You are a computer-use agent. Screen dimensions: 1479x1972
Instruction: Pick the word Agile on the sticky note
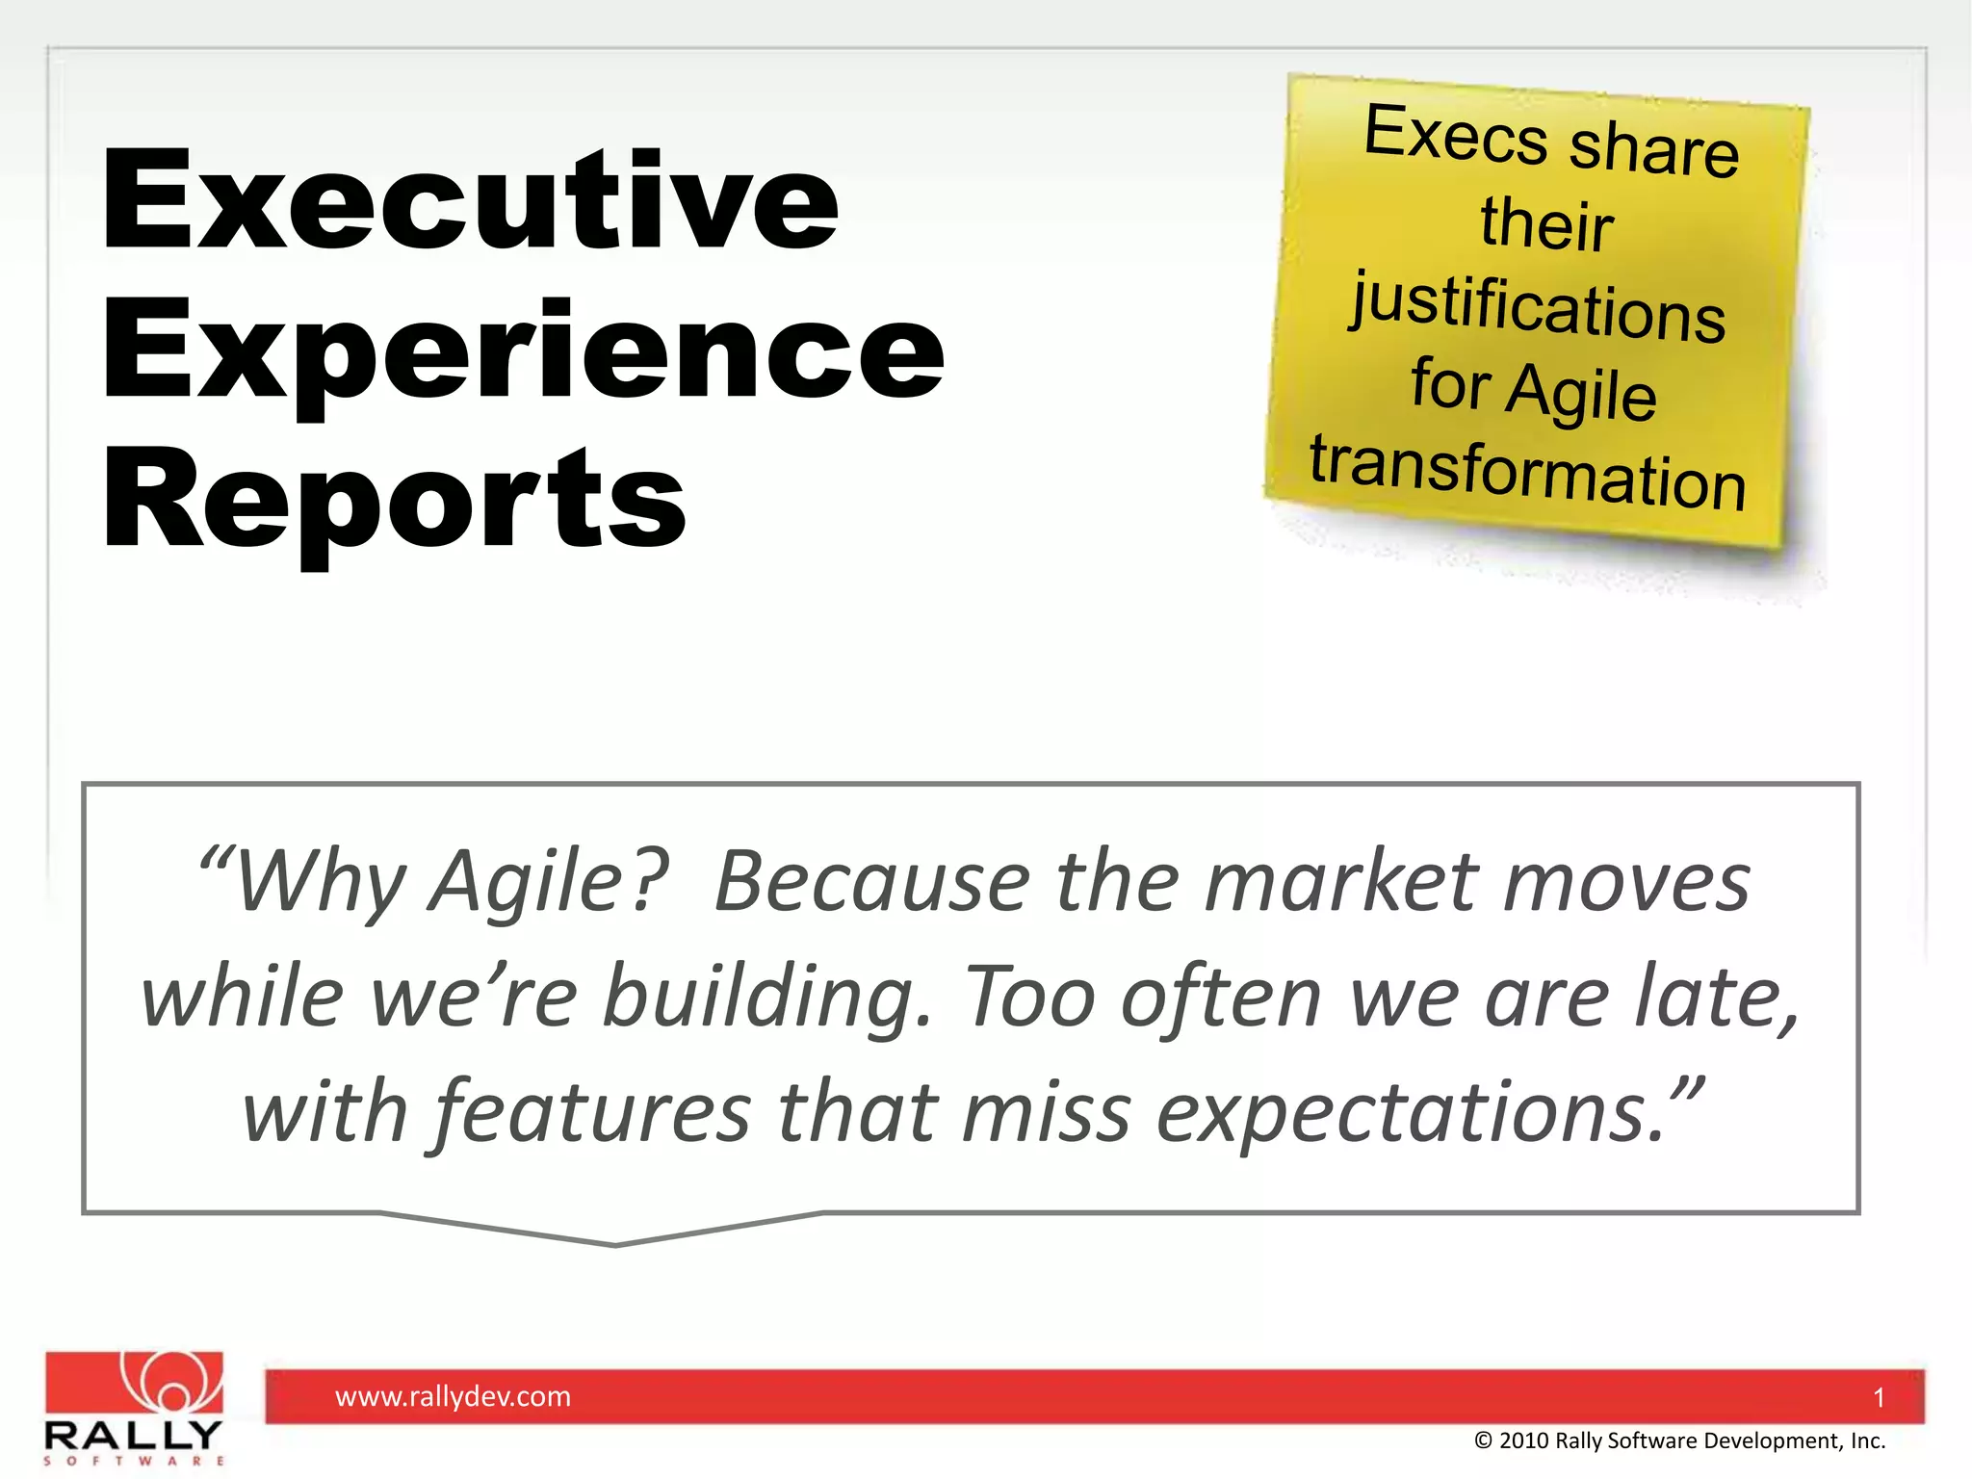pos(1581,393)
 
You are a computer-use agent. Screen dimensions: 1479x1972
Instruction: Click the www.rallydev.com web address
pos(453,1396)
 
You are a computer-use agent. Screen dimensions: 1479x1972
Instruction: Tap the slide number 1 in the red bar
pos(1878,1397)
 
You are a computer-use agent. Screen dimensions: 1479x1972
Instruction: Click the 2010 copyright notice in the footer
pos(1679,1440)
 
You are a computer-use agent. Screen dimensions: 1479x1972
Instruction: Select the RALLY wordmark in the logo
pos(133,1436)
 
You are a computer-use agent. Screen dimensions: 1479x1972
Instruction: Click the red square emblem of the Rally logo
pos(135,1383)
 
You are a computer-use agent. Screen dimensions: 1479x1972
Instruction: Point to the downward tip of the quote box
pos(615,1243)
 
